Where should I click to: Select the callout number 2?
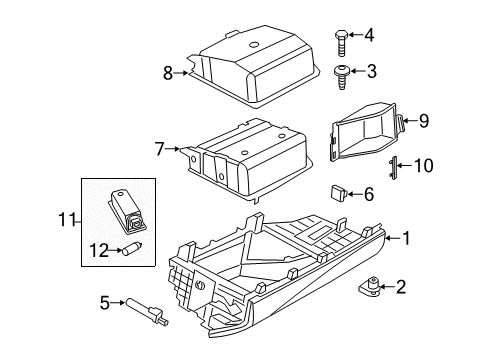click(401, 289)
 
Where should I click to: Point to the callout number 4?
click(369, 37)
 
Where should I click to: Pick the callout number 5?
click(104, 300)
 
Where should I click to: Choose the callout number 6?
click(369, 193)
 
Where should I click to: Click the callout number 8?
click(167, 72)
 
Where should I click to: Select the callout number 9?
click(424, 121)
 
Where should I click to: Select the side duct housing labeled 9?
click(369, 130)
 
